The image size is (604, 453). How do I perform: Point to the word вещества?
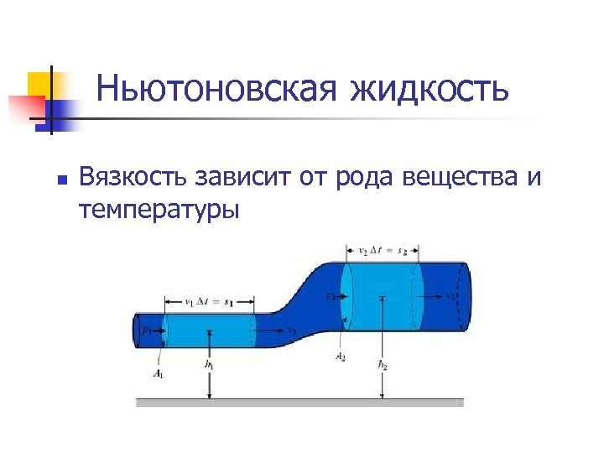tap(463, 179)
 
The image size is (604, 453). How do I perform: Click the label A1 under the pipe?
tap(159, 374)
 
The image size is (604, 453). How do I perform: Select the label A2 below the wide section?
tap(341, 357)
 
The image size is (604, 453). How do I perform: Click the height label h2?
tap(383, 365)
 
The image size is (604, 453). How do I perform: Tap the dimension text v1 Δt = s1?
tap(210, 299)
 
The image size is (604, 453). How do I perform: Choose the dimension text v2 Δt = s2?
tap(383, 249)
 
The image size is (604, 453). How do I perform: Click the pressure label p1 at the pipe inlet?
tap(147, 331)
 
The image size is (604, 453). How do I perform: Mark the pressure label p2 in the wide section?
tap(333, 296)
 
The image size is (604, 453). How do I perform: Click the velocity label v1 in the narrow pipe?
tap(291, 331)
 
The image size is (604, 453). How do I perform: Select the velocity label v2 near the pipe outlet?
tap(450, 296)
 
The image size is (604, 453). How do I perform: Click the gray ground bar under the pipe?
tap(299, 403)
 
